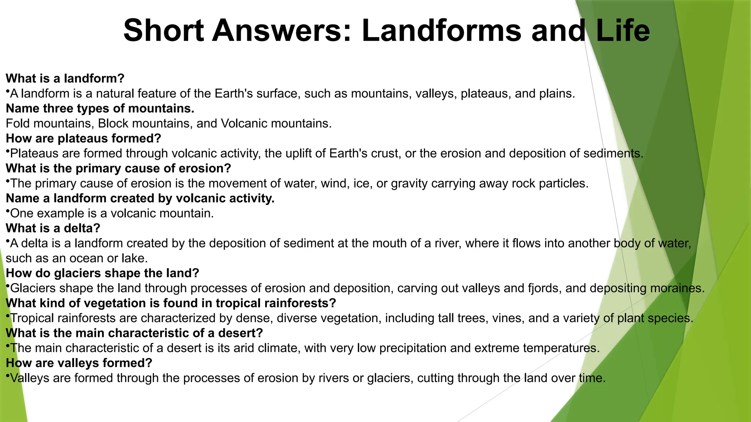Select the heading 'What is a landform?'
tap(65, 78)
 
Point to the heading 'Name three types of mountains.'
tap(100, 108)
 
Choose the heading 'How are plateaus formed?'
tap(84, 138)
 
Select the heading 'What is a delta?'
tap(53, 228)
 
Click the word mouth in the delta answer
tap(389, 243)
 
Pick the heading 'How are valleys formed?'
tap(79, 363)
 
